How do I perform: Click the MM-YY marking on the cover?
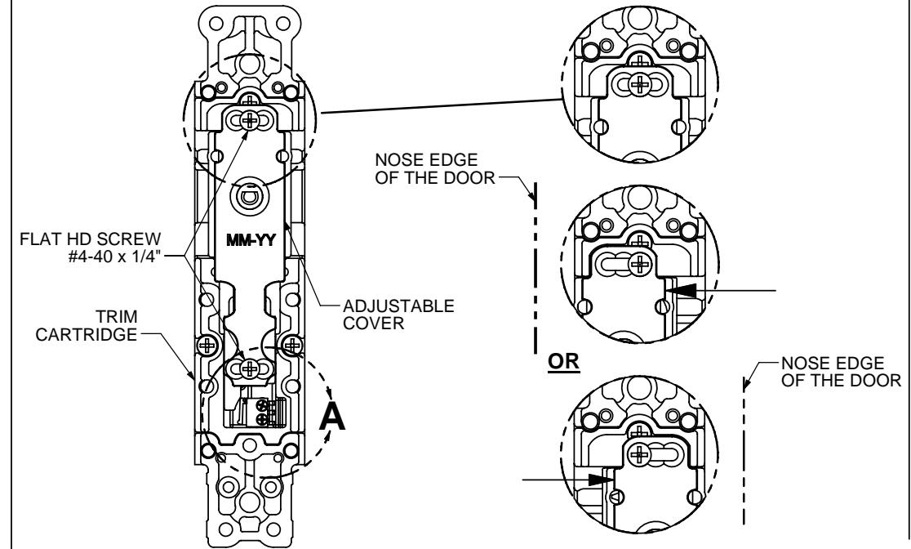click(x=251, y=240)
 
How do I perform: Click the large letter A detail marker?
click(x=332, y=417)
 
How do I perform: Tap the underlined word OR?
click(x=563, y=362)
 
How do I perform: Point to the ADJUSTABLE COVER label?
click(x=398, y=314)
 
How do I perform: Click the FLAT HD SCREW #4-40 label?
click(x=90, y=248)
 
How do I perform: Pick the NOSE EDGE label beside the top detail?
click(x=435, y=168)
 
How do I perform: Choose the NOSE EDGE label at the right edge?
click(x=841, y=372)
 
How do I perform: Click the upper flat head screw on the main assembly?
click(x=250, y=120)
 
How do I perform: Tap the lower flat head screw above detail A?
click(x=249, y=368)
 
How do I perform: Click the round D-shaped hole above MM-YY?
click(x=250, y=198)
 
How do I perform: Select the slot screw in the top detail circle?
click(x=640, y=85)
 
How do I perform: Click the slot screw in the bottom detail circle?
click(x=640, y=453)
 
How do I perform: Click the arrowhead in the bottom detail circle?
click(x=601, y=480)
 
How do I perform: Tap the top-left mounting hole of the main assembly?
click(x=216, y=24)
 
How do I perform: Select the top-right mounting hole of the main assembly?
click(x=283, y=24)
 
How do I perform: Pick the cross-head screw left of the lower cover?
click(x=207, y=346)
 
